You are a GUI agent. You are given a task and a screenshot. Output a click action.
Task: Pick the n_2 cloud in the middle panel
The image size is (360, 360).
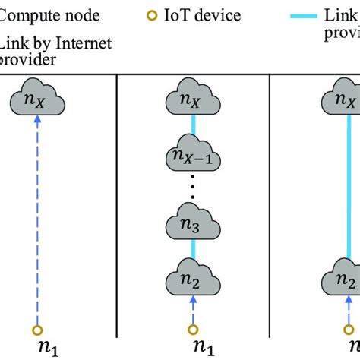[x=193, y=279]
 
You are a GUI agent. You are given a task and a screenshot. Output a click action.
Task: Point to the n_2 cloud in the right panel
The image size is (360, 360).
[x=346, y=279]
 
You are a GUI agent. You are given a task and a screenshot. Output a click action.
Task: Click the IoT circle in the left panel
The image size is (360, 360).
[x=36, y=330]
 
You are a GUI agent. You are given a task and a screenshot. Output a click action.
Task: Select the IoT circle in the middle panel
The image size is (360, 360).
[x=193, y=330]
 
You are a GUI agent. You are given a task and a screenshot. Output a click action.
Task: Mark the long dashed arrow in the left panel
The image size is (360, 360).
[x=36, y=220]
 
